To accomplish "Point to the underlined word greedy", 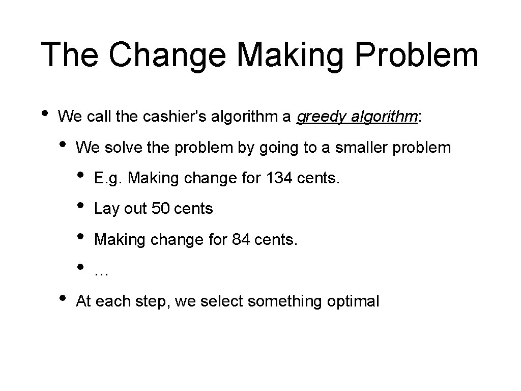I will click(x=319, y=117).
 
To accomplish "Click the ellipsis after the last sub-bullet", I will click(x=101, y=272).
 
